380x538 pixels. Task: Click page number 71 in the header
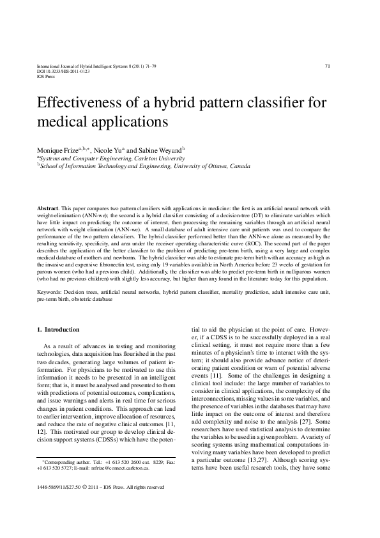[x=328, y=66]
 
